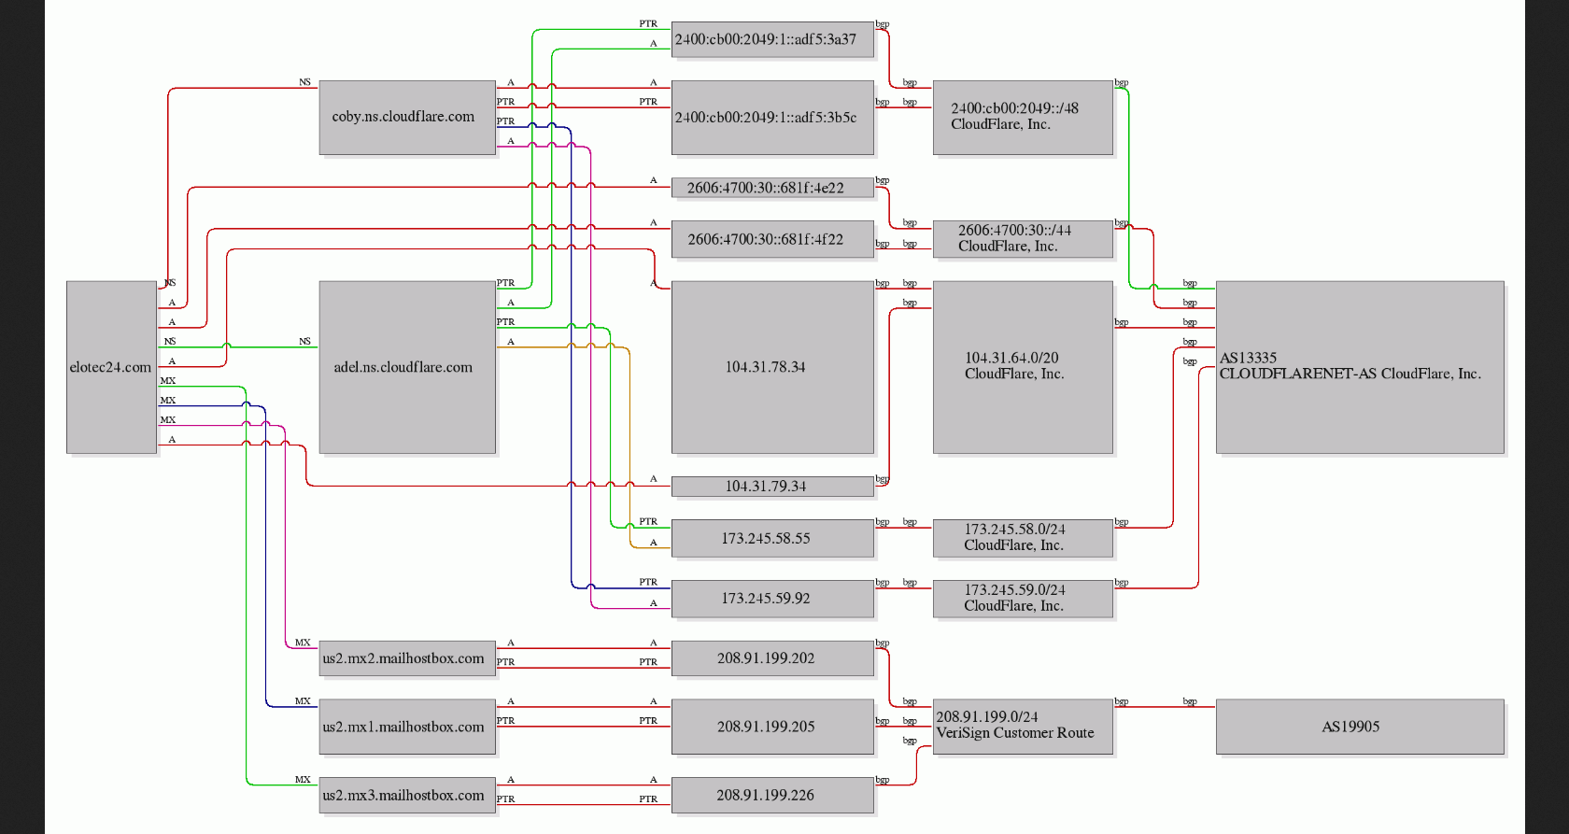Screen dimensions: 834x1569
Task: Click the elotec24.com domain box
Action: tap(111, 367)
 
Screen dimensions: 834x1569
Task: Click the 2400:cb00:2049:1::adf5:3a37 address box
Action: tap(772, 40)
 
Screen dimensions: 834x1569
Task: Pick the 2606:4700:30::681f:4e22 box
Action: tap(772, 188)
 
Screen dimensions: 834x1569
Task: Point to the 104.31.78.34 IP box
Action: tap(772, 367)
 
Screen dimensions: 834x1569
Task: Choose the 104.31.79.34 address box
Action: tap(772, 487)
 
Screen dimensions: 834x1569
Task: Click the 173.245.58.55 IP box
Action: tap(772, 539)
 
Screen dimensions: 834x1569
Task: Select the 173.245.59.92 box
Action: tap(772, 599)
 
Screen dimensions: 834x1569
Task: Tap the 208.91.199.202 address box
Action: tap(772, 658)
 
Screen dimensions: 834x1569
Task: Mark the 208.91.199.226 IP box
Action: tap(772, 796)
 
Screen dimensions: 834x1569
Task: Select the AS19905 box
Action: tap(1360, 727)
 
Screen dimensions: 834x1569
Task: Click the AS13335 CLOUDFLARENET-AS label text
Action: tap(1350, 366)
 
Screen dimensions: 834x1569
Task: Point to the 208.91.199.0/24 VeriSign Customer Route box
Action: tap(1023, 726)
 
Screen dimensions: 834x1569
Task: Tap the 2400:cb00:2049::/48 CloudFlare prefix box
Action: tap(1023, 117)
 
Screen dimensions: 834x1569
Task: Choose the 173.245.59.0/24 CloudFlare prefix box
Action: tap(1023, 599)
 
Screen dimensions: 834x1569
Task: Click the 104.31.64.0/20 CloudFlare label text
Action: tap(1014, 366)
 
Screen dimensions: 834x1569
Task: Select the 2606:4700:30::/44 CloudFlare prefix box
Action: tap(1023, 239)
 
